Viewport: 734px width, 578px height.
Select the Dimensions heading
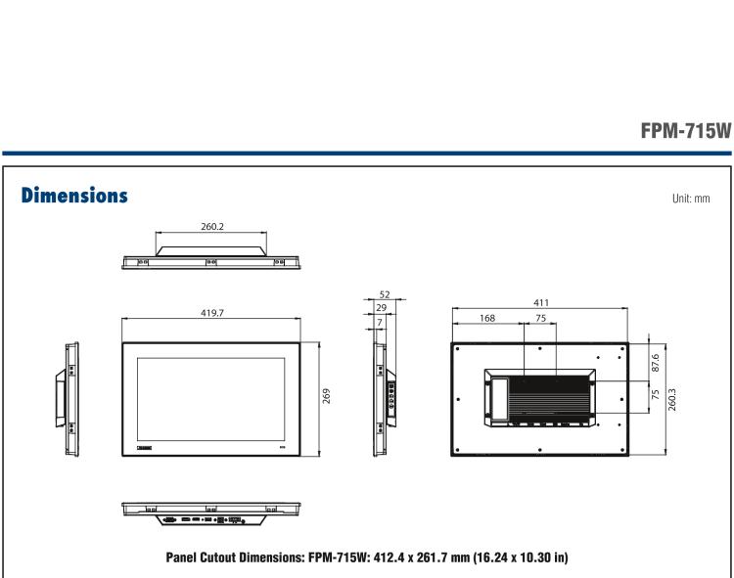(74, 196)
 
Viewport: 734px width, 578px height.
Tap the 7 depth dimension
(379, 321)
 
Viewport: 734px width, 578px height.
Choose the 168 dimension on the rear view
(487, 317)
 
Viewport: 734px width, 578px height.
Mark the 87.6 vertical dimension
(654, 362)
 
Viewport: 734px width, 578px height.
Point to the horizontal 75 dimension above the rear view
(540, 317)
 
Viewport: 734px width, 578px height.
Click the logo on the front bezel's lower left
(146, 446)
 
